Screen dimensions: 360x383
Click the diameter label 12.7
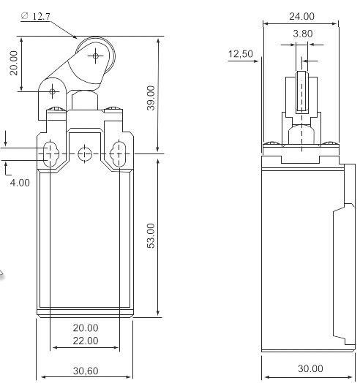[x=36, y=16]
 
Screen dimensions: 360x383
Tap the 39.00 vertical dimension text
[x=151, y=98]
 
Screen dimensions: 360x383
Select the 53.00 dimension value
[x=151, y=236]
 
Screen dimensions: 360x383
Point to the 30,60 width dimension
[x=86, y=371]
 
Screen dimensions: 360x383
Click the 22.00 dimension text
[x=86, y=341]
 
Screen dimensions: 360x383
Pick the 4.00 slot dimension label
[x=20, y=183]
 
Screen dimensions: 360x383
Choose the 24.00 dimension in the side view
[x=301, y=16]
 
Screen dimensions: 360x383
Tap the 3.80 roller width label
[x=303, y=34]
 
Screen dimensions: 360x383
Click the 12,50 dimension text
[x=241, y=54]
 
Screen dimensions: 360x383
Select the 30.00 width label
[x=310, y=368]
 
